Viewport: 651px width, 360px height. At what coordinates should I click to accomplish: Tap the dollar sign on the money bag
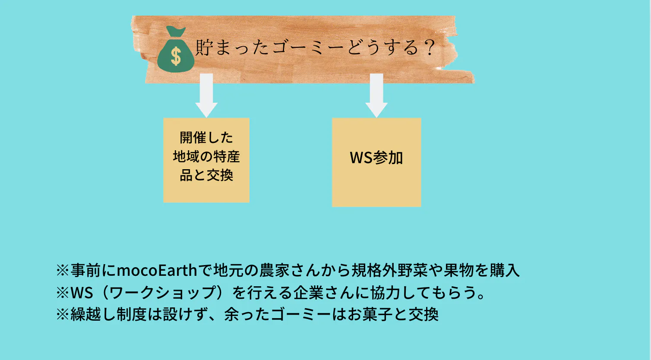(176, 56)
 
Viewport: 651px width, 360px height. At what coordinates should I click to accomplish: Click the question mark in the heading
(429, 47)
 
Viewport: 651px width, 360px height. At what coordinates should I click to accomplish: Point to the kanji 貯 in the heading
(204, 47)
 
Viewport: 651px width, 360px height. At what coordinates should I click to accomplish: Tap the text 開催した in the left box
(206, 137)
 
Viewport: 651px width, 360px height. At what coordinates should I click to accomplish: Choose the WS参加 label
(376, 158)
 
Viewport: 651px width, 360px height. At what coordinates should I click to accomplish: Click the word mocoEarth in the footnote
(157, 270)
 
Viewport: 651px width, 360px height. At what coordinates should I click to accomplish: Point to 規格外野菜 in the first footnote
(389, 270)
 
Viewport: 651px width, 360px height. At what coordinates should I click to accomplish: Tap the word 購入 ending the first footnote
(505, 270)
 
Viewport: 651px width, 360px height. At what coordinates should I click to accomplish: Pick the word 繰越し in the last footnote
(93, 314)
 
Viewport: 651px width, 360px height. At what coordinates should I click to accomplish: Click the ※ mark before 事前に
(63, 270)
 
